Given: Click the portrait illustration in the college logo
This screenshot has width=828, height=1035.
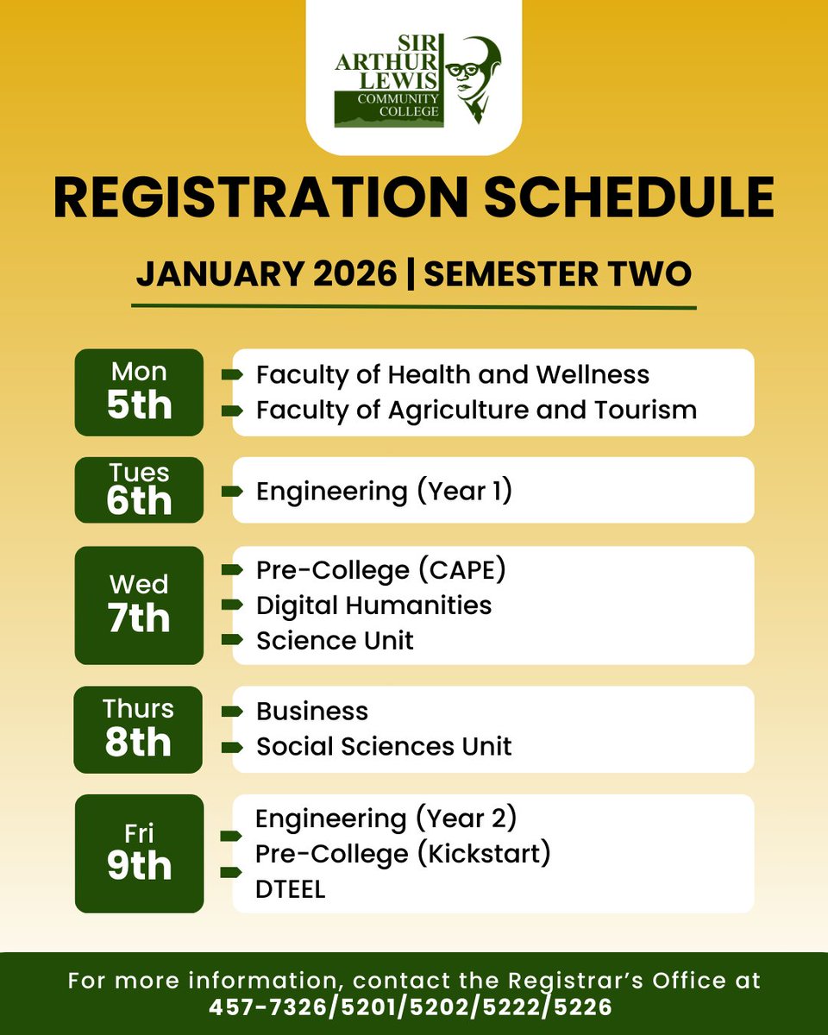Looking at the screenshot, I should (x=477, y=79).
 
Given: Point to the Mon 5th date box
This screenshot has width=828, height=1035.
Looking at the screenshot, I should (x=139, y=392).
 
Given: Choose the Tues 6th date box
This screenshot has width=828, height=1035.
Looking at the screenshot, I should (x=139, y=490).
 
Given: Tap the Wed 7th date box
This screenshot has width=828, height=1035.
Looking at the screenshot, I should (x=139, y=605).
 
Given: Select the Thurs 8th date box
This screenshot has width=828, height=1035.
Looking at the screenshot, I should (x=139, y=730).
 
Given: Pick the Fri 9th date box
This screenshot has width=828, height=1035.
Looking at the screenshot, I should (x=139, y=853).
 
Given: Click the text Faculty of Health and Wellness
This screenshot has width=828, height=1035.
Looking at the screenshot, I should (x=453, y=375).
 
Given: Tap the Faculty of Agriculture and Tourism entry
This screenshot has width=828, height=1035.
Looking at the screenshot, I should (x=476, y=410).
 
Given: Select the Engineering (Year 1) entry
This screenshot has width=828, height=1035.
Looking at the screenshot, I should (x=385, y=491).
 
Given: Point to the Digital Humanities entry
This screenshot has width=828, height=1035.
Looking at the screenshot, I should (x=373, y=605).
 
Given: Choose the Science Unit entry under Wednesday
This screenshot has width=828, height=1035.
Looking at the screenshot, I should (x=335, y=641).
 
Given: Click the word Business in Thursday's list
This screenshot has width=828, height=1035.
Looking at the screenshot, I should (x=312, y=712).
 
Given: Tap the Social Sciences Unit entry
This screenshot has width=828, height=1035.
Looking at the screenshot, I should (x=384, y=746).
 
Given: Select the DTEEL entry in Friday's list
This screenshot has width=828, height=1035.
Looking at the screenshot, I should (x=291, y=890).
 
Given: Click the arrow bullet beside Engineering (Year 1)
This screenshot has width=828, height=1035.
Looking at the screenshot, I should (x=232, y=492).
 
